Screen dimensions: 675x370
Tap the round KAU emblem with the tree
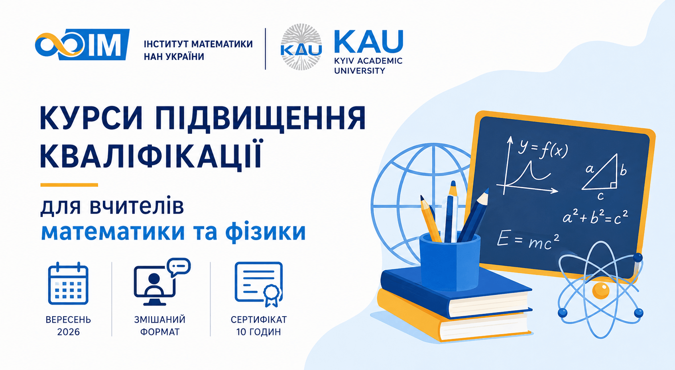(301, 47)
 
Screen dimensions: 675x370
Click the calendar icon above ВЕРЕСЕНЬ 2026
(68, 284)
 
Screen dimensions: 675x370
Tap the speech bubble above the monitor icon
(179, 267)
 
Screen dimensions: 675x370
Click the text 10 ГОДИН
(258, 332)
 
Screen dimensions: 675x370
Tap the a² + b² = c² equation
(595, 217)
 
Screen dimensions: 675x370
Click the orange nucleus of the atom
(601, 290)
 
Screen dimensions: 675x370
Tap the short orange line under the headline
(69, 185)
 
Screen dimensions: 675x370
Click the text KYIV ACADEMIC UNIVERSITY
(368, 66)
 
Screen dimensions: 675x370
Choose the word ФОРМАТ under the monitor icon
(160, 332)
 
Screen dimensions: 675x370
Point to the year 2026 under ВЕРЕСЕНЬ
(69, 332)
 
